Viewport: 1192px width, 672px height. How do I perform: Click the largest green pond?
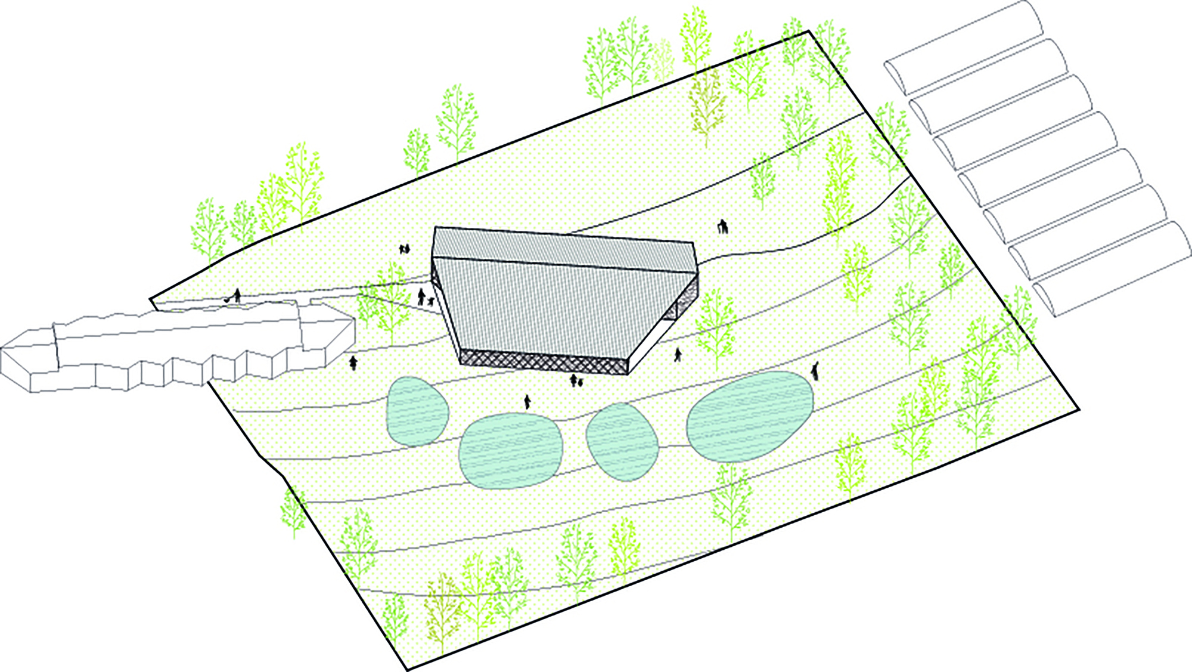click(x=749, y=416)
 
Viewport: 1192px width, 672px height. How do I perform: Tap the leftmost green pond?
click(x=417, y=411)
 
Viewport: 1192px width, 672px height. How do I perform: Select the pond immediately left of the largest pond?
click(x=622, y=441)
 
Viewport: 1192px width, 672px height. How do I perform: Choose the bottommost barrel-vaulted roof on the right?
click(x=1112, y=268)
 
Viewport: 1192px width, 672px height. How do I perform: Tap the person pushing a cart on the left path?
click(x=236, y=296)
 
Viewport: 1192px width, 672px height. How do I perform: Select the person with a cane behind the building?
click(x=723, y=227)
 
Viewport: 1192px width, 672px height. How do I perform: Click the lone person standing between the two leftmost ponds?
click(x=527, y=402)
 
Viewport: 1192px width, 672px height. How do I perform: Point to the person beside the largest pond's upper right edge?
click(x=815, y=371)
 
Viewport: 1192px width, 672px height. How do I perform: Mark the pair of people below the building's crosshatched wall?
click(x=576, y=380)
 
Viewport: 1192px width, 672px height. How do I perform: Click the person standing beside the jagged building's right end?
click(x=353, y=362)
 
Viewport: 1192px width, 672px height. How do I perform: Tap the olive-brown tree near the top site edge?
click(x=707, y=104)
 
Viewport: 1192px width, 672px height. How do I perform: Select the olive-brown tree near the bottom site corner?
click(x=442, y=608)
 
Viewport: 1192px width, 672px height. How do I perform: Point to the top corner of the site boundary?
click(x=809, y=31)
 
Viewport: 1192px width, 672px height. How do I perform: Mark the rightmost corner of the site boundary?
click(x=1079, y=409)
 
